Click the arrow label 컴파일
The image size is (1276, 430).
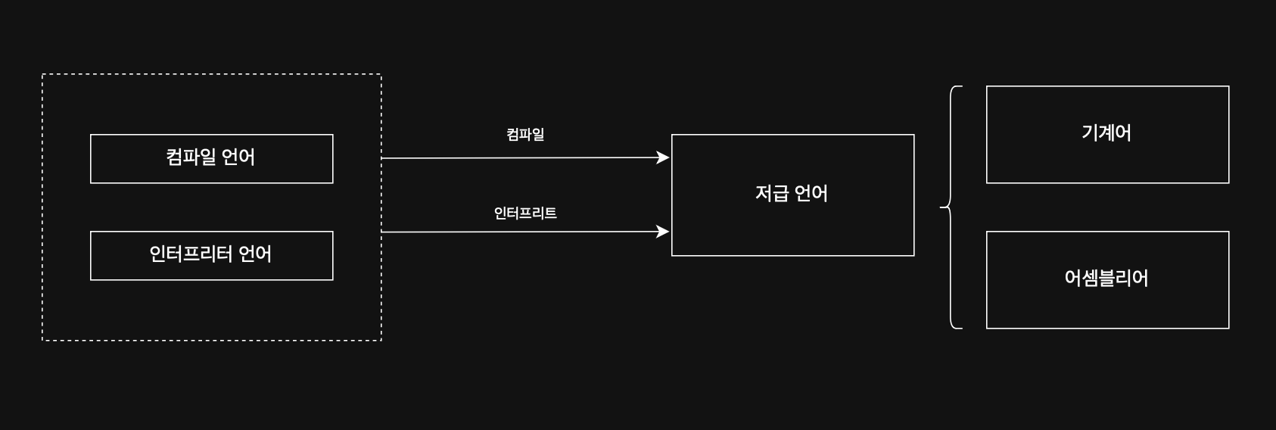coord(525,135)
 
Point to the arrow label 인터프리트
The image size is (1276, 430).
coord(525,213)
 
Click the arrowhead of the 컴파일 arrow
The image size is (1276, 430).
coord(663,157)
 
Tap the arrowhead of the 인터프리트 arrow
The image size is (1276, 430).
coord(663,232)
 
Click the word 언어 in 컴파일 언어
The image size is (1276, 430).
coord(238,157)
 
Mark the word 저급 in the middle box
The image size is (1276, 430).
coord(771,194)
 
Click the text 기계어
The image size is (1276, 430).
coord(1106,133)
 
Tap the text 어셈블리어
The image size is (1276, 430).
coord(1106,279)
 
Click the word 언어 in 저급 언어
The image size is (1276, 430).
coord(811,194)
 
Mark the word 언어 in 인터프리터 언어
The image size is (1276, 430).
coord(255,254)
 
